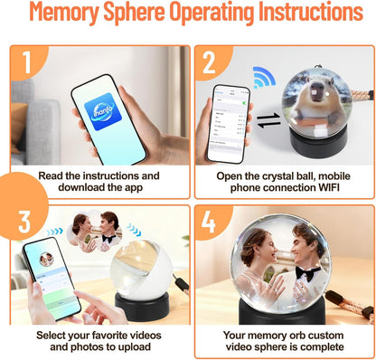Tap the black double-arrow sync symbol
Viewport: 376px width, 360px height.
click(x=268, y=123)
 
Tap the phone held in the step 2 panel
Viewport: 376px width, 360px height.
click(x=230, y=122)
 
